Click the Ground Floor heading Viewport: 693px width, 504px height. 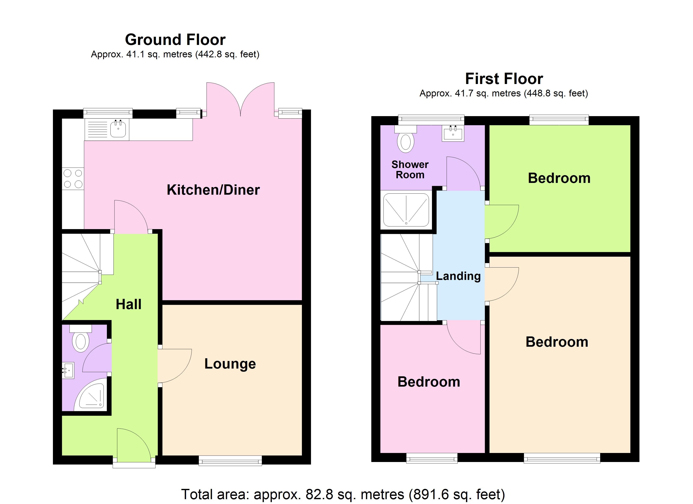pos(175,40)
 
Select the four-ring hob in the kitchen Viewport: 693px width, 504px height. pos(73,179)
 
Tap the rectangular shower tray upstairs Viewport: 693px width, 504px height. pos(406,210)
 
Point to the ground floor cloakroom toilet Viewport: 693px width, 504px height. pos(80,339)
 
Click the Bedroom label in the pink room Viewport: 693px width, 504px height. pos(429,382)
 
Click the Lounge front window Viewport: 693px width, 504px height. pos(230,460)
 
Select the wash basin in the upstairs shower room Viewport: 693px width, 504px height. pos(453,133)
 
